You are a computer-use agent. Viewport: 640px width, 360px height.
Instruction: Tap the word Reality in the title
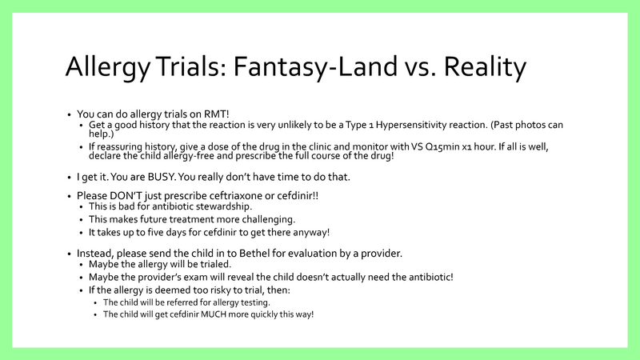click(482, 66)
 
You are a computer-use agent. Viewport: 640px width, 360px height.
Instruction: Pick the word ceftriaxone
click(228, 195)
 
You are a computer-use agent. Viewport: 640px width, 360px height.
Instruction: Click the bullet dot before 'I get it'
click(70, 175)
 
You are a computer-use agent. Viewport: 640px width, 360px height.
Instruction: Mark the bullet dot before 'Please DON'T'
click(70, 195)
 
